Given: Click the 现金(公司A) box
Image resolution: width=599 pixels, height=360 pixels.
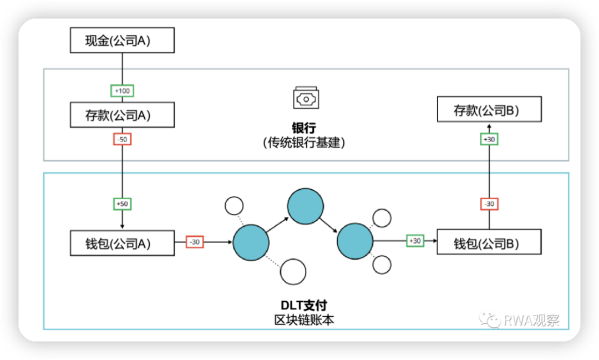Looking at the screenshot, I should (x=122, y=40).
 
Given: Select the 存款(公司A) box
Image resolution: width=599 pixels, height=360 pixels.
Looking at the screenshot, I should (x=122, y=115).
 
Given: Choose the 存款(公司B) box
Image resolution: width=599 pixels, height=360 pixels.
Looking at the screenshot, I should (x=489, y=110).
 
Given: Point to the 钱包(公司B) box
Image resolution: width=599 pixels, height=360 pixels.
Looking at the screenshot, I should (x=489, y=242).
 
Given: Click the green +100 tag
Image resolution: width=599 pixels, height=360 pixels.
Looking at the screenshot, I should (x=122, y=90).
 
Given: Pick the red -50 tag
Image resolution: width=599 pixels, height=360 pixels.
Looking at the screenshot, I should (x=122, y=139).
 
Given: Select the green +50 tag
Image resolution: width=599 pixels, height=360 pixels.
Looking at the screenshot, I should (x=122, y=204).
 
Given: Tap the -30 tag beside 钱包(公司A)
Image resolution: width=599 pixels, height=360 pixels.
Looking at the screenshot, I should (x=194, y=242).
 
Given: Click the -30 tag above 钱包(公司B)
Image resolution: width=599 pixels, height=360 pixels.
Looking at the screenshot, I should (x=489, y=204).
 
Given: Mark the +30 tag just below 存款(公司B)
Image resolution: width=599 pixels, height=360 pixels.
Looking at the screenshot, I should (x=489, y=139).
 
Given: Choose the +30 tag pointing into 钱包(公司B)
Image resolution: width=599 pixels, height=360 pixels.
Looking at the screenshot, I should (x=415, y=241).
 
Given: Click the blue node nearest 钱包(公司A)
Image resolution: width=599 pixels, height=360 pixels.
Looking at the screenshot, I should (x=251, y=242).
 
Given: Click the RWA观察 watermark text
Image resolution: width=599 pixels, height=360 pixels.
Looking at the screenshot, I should (x=531, y=320).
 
